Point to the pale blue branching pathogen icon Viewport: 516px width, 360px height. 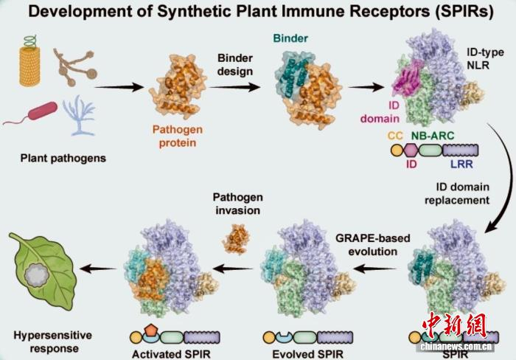(x=79, y=115)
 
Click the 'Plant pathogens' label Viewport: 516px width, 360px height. (x=63, y=158)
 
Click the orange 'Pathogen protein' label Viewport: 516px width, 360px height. (x=178, y=136)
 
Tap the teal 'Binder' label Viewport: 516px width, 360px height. (x=290, y=38)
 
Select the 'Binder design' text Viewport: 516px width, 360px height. (x=235, y=65)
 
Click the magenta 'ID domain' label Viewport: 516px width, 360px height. (x=380, y=112)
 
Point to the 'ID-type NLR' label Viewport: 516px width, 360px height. (x=485, y=58)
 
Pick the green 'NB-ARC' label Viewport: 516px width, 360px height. (x=433, y=136)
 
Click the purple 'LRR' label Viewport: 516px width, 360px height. (x=461, y=164)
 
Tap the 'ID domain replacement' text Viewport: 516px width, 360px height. (x=457, y=194)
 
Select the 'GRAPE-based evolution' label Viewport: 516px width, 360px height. (x=373, y=245)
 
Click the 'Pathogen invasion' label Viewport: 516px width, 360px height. (x=237, y=204)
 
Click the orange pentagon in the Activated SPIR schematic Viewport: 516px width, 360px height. (x=150, y=330)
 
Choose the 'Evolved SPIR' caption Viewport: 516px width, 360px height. (x=308, y=354)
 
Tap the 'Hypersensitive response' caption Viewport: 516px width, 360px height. (x=52, y=342)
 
